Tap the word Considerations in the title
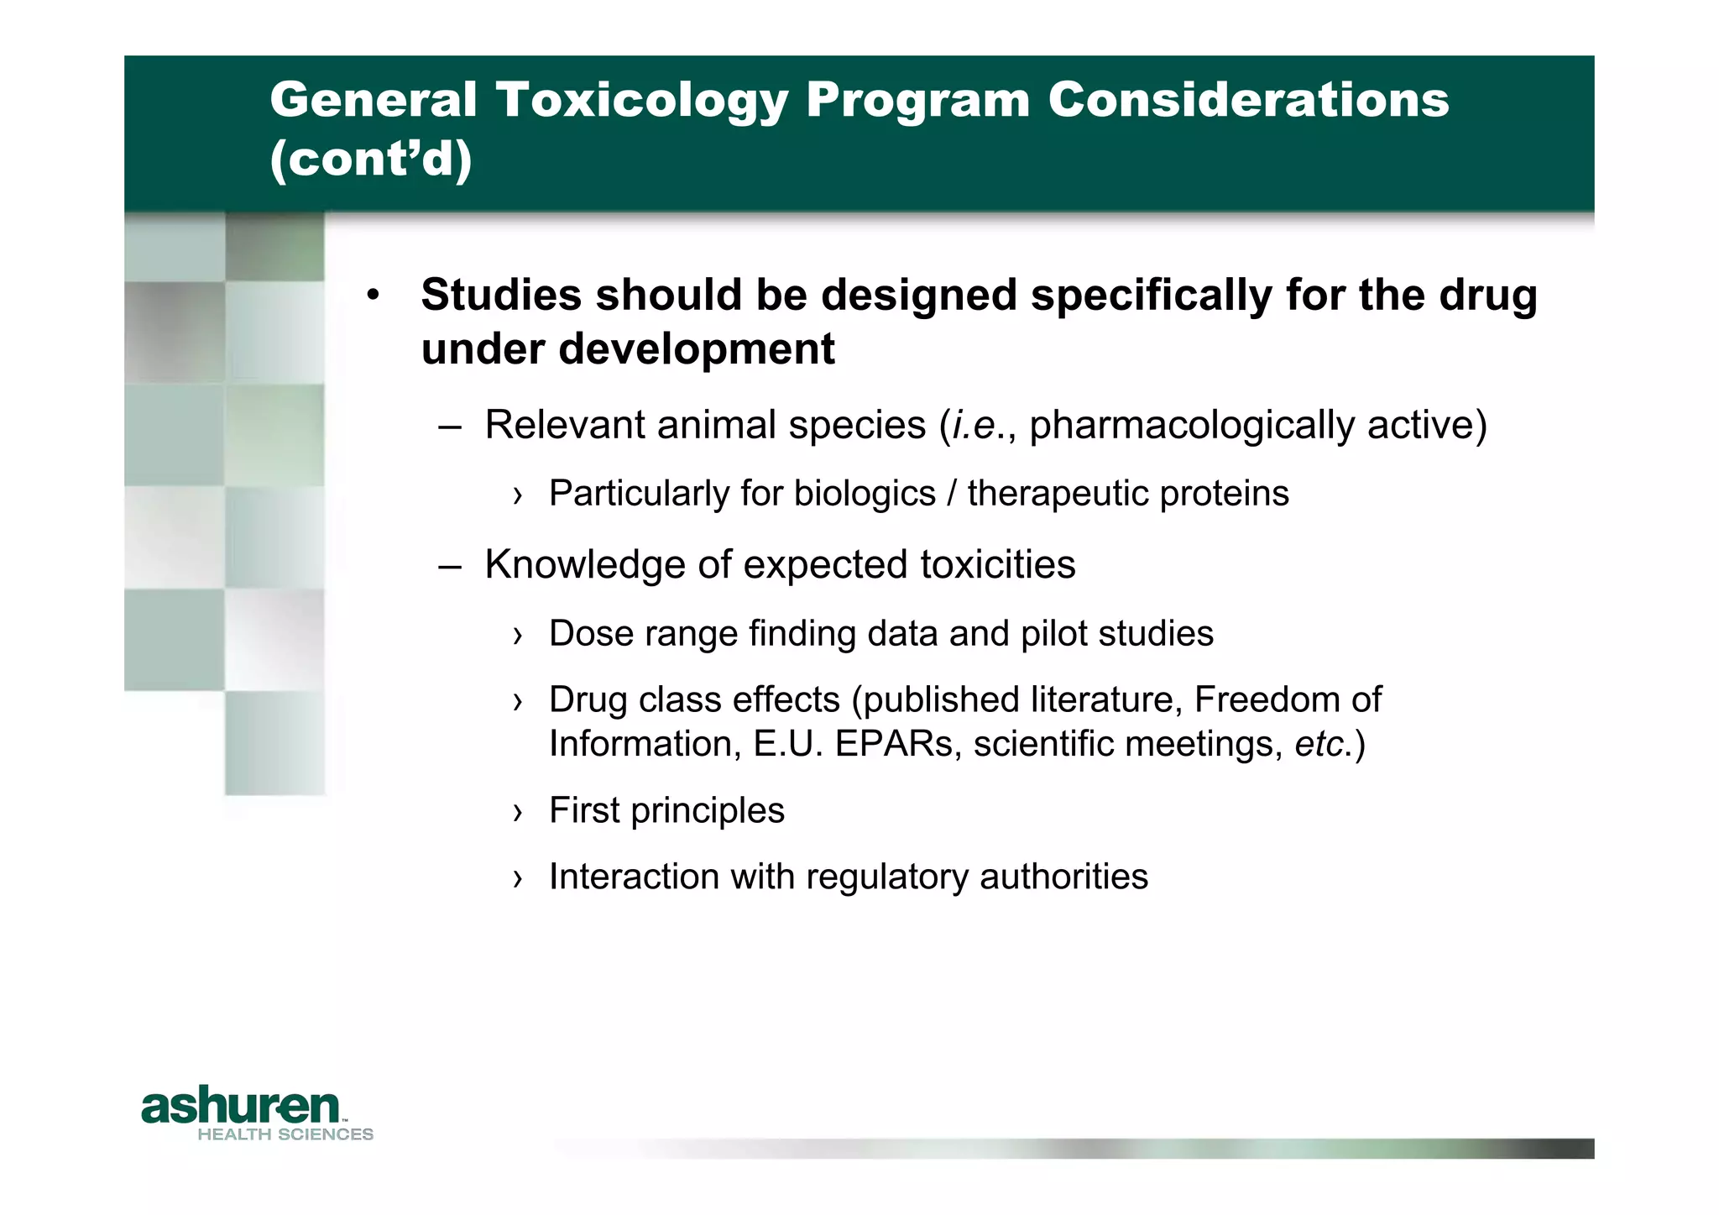(x=1248, y=100)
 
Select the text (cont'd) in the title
(x=370, y=158)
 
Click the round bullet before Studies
(x=374, y=296)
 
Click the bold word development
(x=697, y=349)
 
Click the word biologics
(x=865, y=494)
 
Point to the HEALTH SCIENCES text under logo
(x=285, y=1134)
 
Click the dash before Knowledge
(x=450, y=565)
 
